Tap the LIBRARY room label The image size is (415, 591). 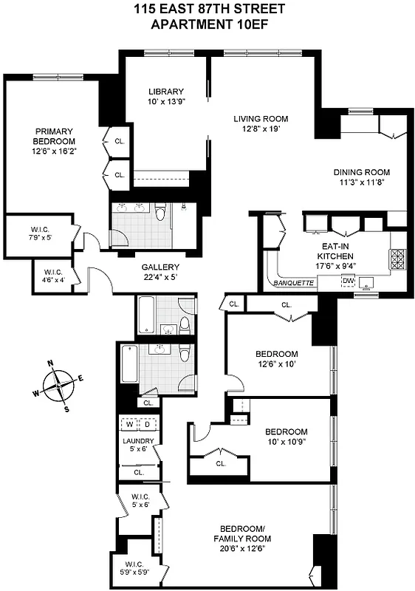(165, 92)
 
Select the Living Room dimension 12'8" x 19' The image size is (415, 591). (261, 129)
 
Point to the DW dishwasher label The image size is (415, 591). (346, 281)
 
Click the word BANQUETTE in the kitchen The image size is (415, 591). (293, 283)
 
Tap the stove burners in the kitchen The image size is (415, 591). (397, 259)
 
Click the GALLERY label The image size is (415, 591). (160, 267)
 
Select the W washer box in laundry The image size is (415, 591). (131, 425)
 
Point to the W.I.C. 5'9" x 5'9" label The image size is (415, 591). (137, 570)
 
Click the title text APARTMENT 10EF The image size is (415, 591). (207, 24)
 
